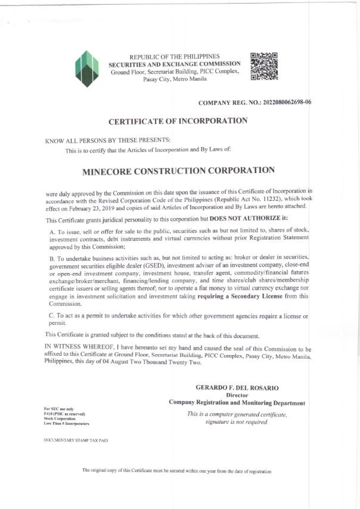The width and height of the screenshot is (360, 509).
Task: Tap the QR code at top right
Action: click(x=263, y=66)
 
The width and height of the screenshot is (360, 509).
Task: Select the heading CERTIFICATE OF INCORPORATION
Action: click(x=178, y=121)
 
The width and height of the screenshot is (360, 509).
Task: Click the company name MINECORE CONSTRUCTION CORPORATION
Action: click(x=178, y=170)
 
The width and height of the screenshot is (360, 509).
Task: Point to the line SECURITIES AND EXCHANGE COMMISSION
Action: click(x=175, y=64)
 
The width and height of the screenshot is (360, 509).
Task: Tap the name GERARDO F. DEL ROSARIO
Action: click(x=237, y=388)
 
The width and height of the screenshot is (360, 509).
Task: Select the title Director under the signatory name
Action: click(x=237, y=395)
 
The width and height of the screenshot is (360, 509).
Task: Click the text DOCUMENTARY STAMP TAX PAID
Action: click(x=76, y=440)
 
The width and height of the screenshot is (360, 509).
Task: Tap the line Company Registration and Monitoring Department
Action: click(x=237, y=402)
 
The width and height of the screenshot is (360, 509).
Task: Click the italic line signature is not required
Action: click(x=237, y=422)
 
